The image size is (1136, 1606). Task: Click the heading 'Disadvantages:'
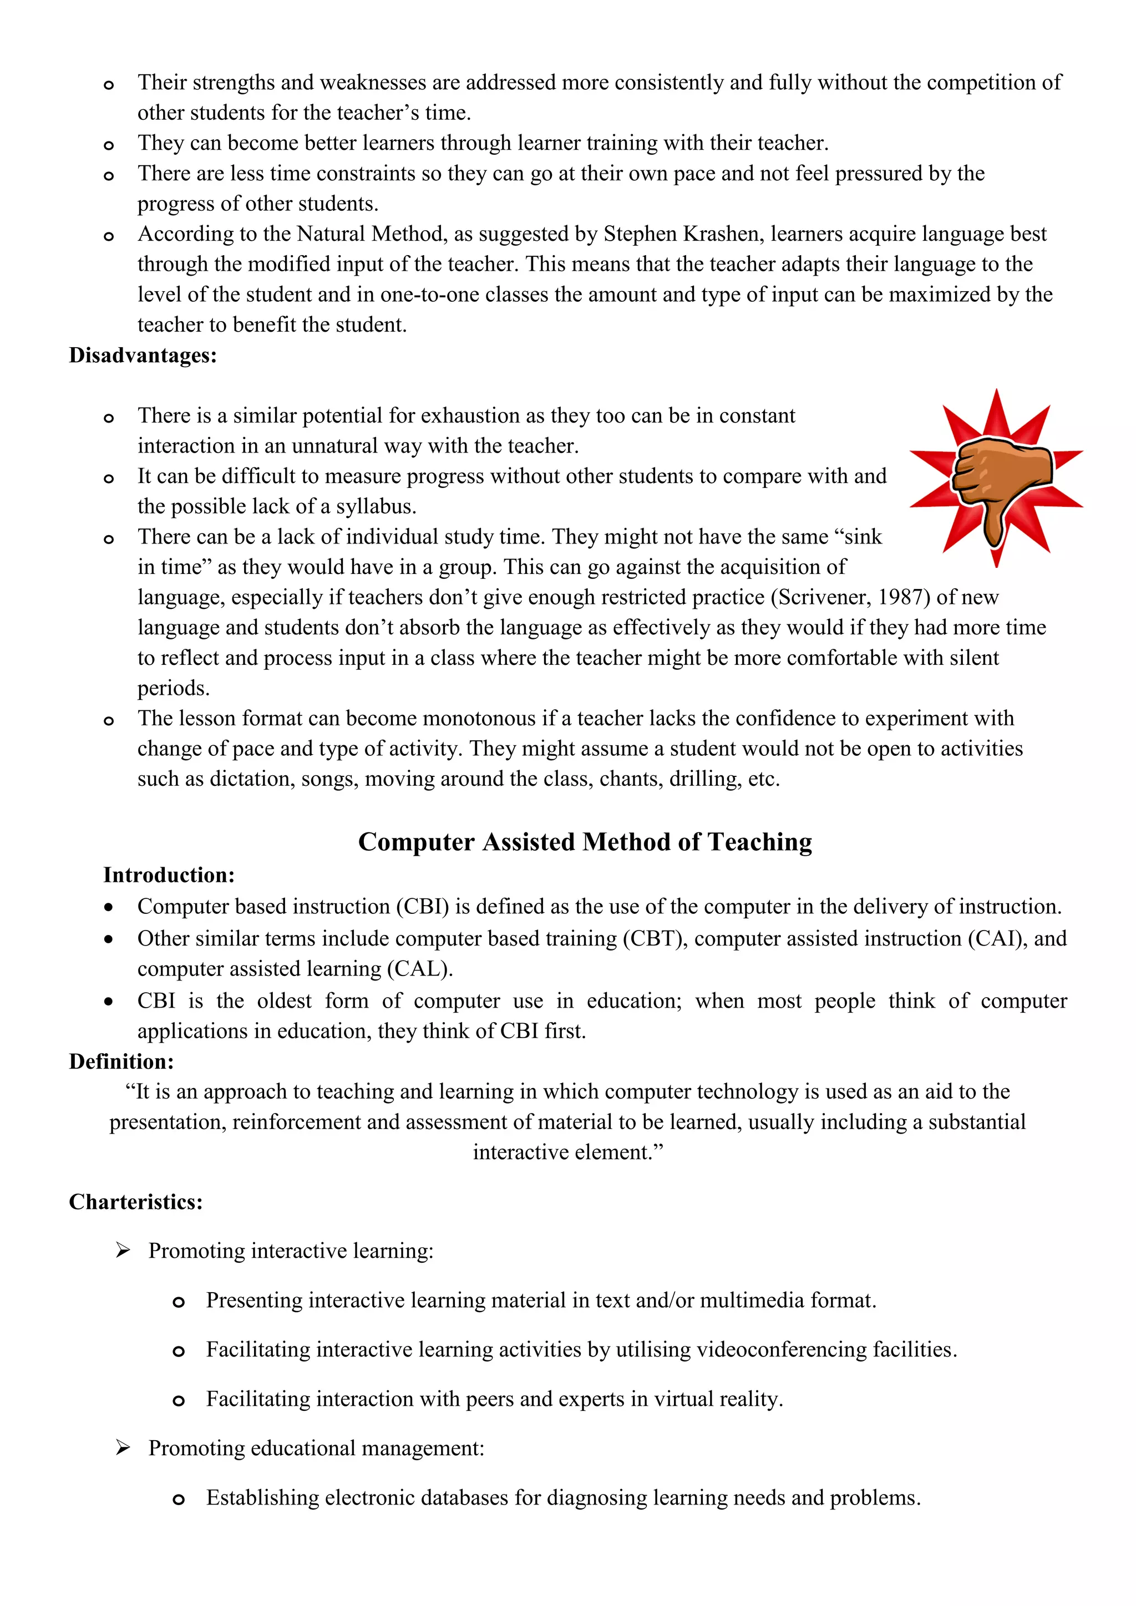point(143,355)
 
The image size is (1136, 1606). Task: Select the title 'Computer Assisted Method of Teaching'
point(585,841)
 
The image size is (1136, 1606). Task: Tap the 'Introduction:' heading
point(169,875)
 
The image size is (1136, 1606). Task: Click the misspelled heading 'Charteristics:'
point(136,1202)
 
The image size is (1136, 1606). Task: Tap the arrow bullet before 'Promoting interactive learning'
point(123,1251)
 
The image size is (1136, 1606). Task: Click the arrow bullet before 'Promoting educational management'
point(123,1448)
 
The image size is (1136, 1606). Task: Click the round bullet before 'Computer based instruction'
point(108,907)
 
